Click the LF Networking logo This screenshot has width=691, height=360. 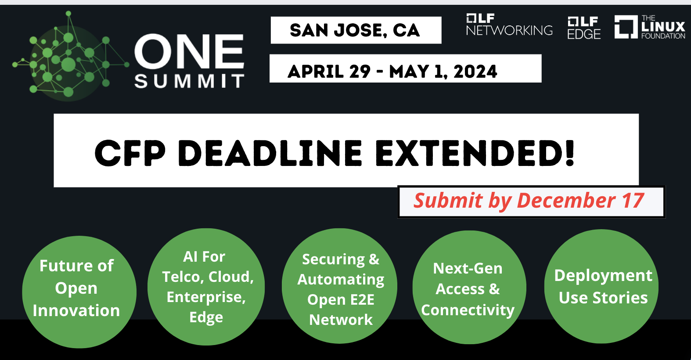(x=509, y=25)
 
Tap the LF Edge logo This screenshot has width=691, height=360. (x=584, y=28)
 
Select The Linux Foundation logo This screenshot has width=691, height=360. (x=650, y=27)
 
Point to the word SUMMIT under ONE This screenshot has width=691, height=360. (x=189, y=82)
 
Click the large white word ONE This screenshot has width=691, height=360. (x=189, y=51)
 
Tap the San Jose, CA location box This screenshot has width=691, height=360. (x=356, y=30)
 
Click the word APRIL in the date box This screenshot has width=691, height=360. (x=315, y=72)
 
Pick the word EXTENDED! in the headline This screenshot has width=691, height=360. (x=475, y=153)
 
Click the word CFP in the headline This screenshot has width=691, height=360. (x=130, y=153)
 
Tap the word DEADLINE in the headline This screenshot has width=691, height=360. (x=270, y=153)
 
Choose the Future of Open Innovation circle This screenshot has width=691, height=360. (x=79, y=292)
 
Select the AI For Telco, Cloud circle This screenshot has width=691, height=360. (x=206, y=287)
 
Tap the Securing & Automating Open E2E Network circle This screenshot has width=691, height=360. (x=340, y=286)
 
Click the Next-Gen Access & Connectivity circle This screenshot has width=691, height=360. (x=469, y=287)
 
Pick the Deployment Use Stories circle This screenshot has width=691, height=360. (x=601, y=286)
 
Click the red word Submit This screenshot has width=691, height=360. (x=448, y=201)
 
